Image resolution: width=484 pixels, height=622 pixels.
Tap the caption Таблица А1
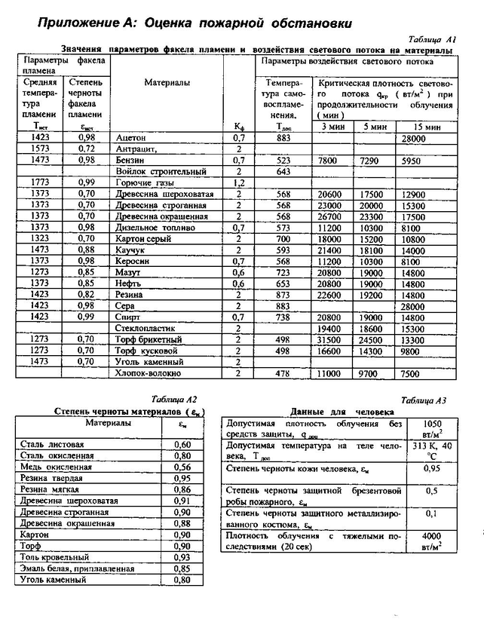431,38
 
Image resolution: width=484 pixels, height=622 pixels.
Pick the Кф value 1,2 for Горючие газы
239,182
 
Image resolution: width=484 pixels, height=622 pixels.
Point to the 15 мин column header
427,127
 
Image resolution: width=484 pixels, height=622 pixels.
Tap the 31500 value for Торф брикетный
329,339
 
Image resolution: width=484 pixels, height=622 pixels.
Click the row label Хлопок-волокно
148,372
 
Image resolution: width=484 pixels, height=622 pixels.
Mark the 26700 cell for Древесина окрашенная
329,216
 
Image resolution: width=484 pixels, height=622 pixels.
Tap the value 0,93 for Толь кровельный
181,556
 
